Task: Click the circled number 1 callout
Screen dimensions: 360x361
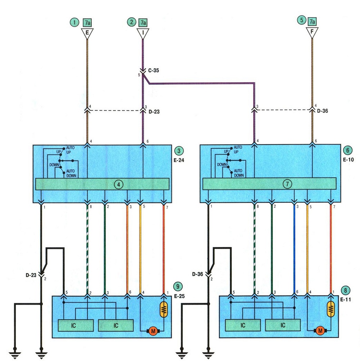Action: [x=74, y=22]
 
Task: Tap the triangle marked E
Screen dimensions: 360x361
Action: [x=87, y=33]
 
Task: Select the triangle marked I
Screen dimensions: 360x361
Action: [x=143, y=33]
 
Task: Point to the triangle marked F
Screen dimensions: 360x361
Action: [x=312, y=32]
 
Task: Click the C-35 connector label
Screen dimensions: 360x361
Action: [x=153, y=71]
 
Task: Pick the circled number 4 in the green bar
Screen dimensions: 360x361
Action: [x=119, y=184]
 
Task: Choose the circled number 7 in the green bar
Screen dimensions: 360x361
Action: [x=287, y=184]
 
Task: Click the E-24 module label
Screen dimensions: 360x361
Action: [x=179, y=160]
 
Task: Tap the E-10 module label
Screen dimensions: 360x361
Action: [x=348, y=160]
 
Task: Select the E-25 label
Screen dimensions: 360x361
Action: [x=179, y=296]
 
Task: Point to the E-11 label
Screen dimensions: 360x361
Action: [x=346, y=299]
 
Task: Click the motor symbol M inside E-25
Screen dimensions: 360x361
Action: [x=153, y=331]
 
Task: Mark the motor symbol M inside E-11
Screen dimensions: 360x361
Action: [x=320, y=331]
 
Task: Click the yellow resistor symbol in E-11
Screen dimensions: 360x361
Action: [x=331, y=309]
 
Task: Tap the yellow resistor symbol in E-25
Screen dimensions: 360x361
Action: [x=164, y=309]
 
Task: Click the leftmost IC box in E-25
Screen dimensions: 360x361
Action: [x=76, y=325]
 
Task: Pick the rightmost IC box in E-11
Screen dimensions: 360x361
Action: [x=283, y=325]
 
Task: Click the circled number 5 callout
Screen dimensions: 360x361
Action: [x=302, y=20]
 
